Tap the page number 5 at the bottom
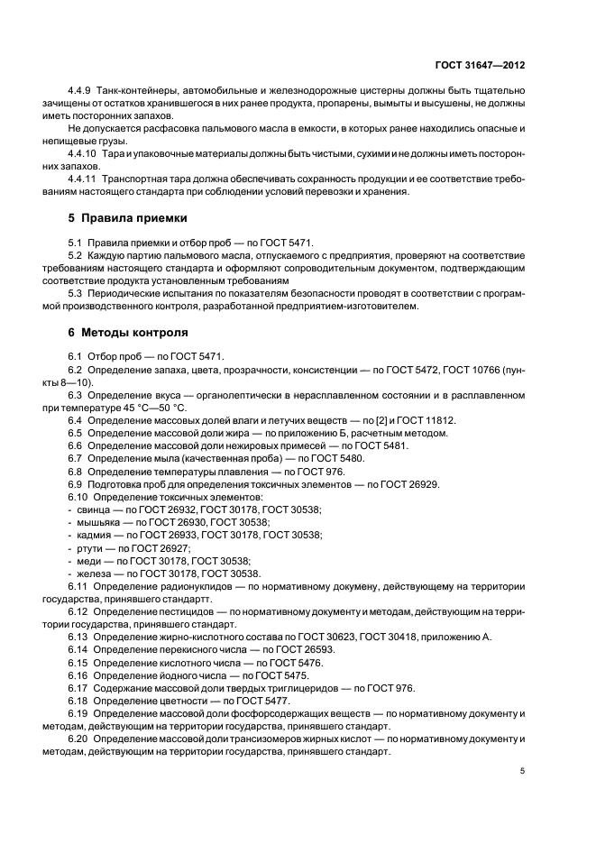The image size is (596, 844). [522, 771]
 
